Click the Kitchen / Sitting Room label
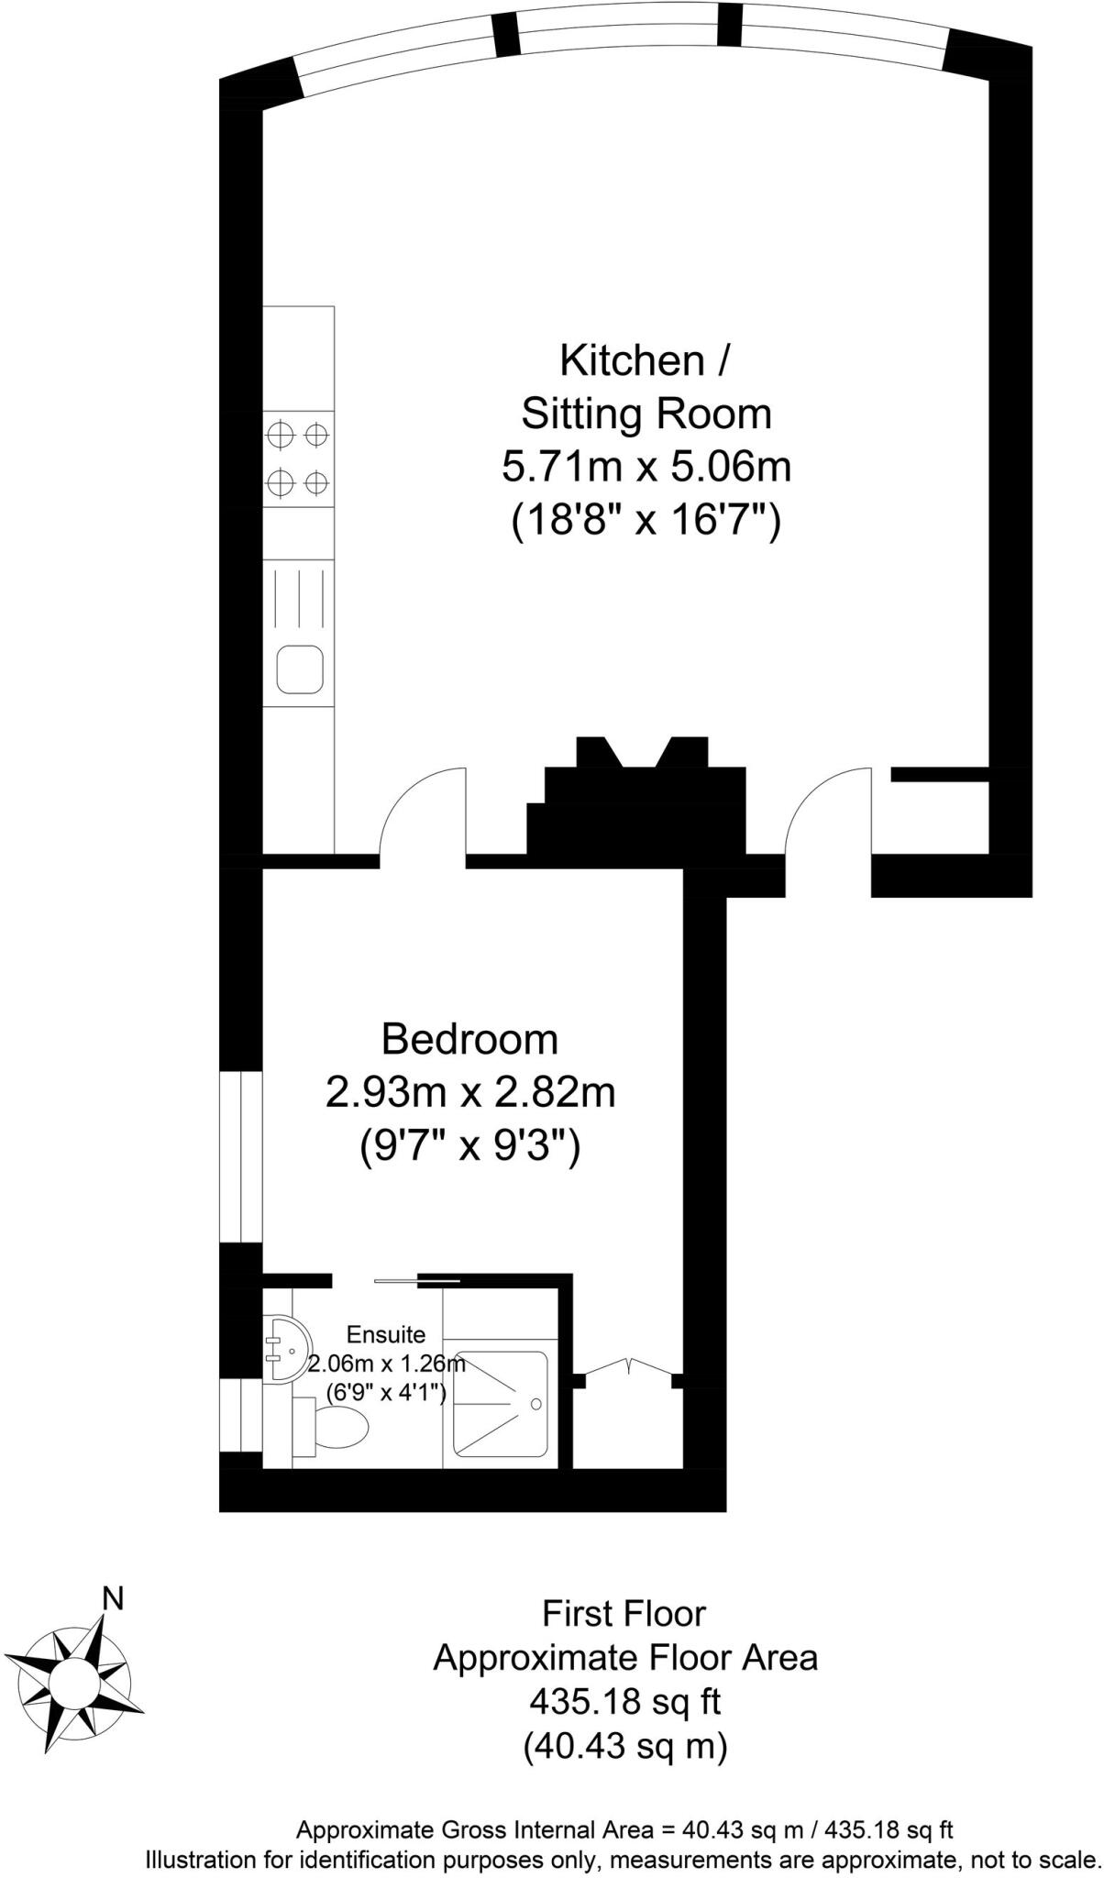click(645, 387)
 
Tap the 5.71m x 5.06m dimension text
click(645, 468)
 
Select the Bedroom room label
click(469, 1039)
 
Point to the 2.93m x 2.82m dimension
click(469, 1093)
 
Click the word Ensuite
click(385, 1334)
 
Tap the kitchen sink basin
click(300, 668)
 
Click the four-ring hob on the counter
click(298, 458)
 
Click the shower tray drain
click(536, 1404)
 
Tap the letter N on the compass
click(112, 1598)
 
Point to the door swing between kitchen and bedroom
click(422, 816)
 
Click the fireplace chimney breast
click(642, 807)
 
